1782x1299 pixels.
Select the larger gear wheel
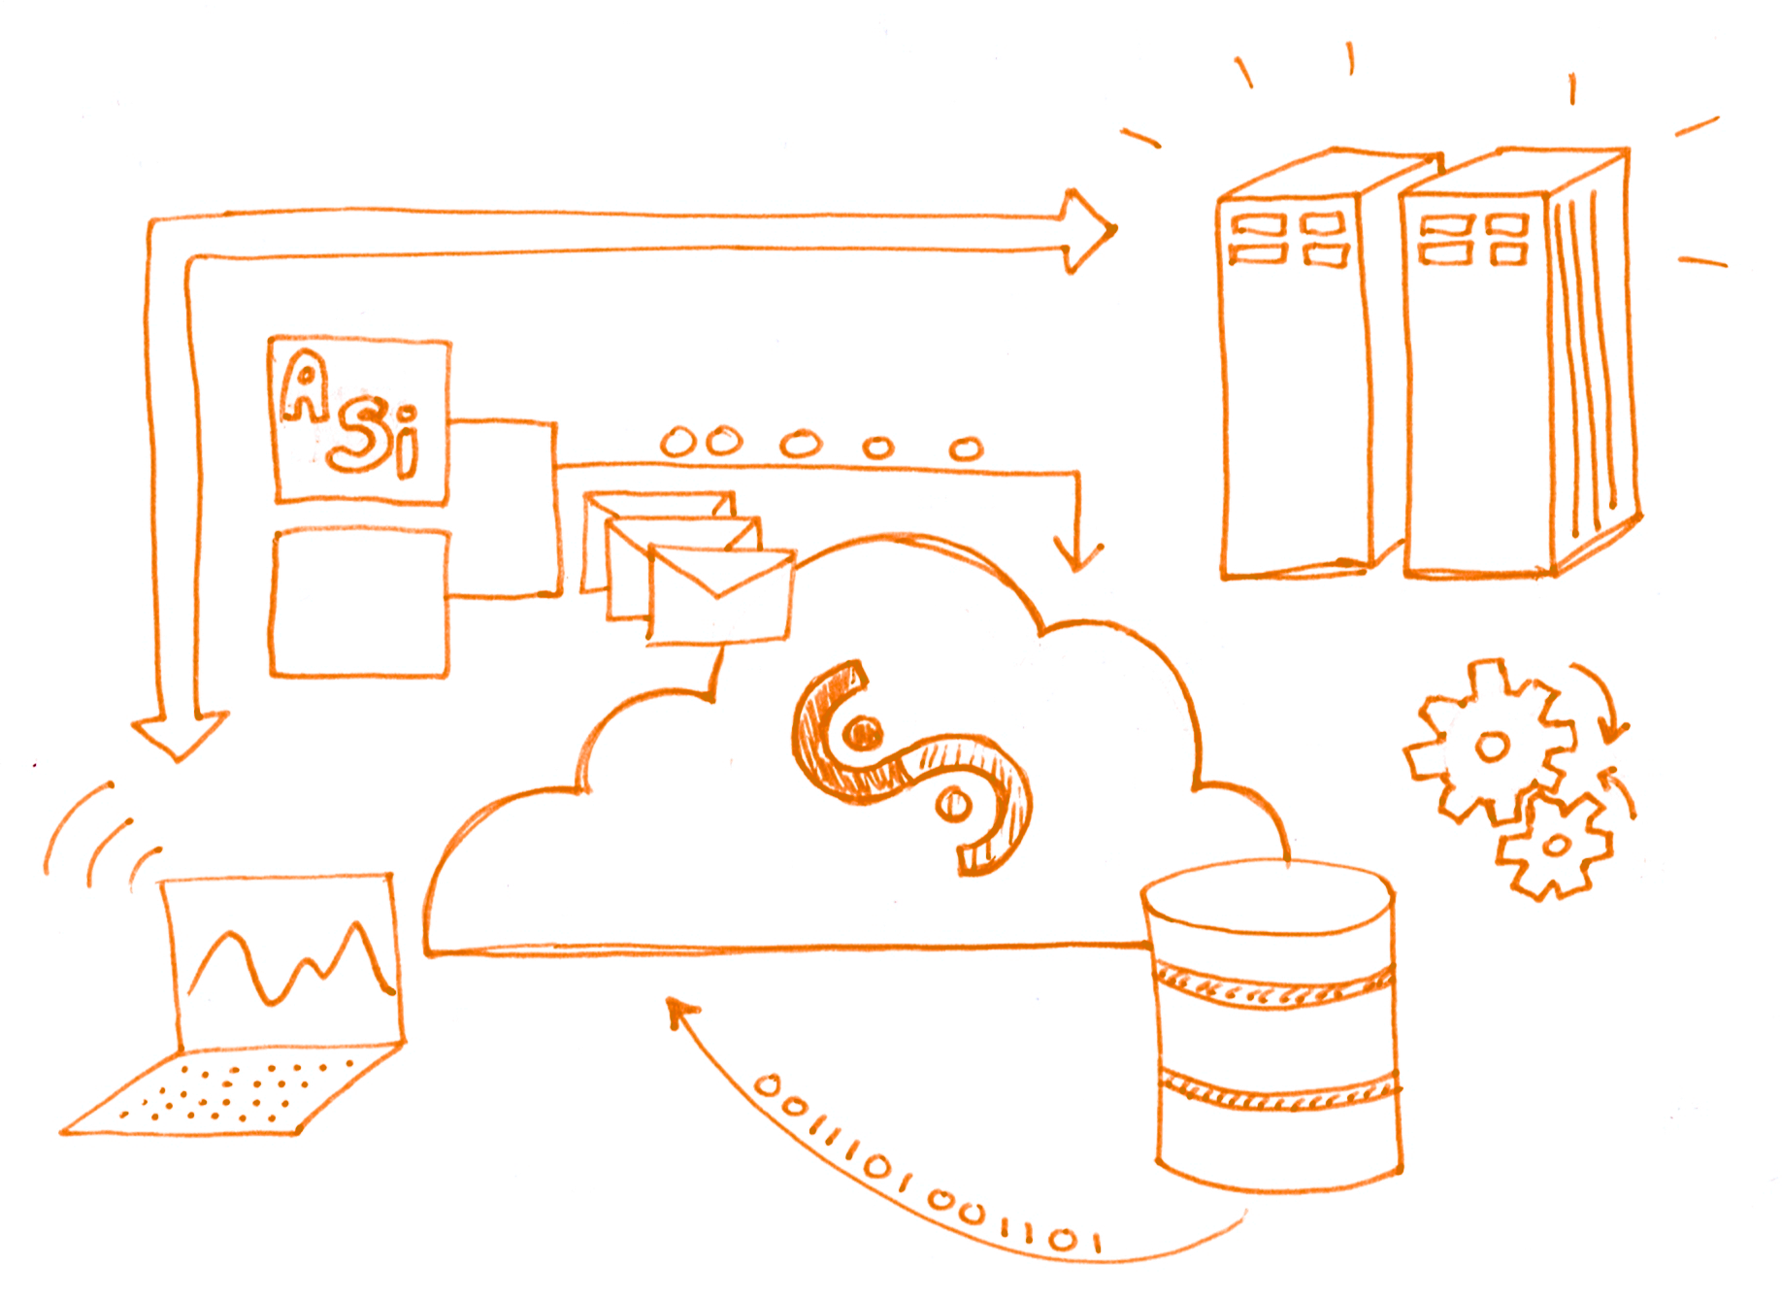coord(1490,743)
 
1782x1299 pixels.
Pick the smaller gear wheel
coord(1553,845)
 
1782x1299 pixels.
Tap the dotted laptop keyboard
coord(233,1092)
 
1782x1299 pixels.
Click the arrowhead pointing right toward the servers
coord(1092,231)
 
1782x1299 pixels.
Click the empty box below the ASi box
coord(359,602)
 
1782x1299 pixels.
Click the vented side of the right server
coord(1587,369)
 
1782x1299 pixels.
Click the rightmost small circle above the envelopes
coord(966,448)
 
